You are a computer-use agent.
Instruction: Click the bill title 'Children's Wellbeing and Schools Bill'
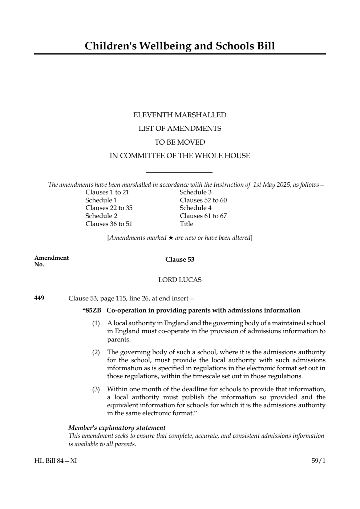180,46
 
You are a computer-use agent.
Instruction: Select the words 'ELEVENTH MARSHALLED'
180,115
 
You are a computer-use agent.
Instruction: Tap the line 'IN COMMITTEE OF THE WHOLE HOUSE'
180,156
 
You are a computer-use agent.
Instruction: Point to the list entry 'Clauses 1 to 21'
107,193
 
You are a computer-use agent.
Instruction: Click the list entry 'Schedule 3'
195,193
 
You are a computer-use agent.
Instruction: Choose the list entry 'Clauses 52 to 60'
203,201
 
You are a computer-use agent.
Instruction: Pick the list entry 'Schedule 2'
101,216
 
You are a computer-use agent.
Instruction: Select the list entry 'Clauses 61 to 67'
203,216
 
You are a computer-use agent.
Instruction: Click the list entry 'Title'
186,224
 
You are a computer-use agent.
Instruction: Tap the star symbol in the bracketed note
170,238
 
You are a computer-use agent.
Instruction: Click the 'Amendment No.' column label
51,261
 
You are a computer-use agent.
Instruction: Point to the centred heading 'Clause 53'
180,259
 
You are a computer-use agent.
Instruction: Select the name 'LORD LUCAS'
180,280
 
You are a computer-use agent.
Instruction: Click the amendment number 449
39,298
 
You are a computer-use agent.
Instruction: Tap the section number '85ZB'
93,310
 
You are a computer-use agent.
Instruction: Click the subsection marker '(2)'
96,352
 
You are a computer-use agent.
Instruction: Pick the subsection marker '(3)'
96,389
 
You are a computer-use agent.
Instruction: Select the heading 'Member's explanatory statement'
117,428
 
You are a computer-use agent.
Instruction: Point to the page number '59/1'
318,461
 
